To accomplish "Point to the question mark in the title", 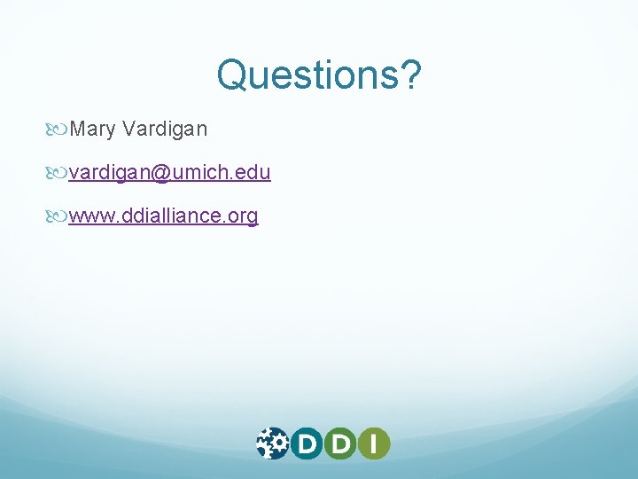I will pyautogui.click(x=410, y=75).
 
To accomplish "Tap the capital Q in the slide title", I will pyautogui.click(x=232, y=75).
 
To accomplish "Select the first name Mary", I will pyautogui.click(x=93, y=130).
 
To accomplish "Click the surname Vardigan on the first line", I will pyautogui.click(x=166, y=130).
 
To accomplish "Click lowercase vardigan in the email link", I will pyautogui.click(x=110, y=173).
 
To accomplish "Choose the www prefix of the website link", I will pyautogui.click(x=89, y=216).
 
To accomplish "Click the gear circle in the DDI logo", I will pyautogui.click(x=272, y=443).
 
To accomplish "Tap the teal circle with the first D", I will pyautogui.click(x=306, y=443).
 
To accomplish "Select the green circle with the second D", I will pyautogui.click(x=340, y=443).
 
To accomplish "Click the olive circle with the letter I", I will pyautogui.click(x=374, y=443).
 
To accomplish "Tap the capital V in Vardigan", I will pyautogui.click(x=129, y=130).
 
